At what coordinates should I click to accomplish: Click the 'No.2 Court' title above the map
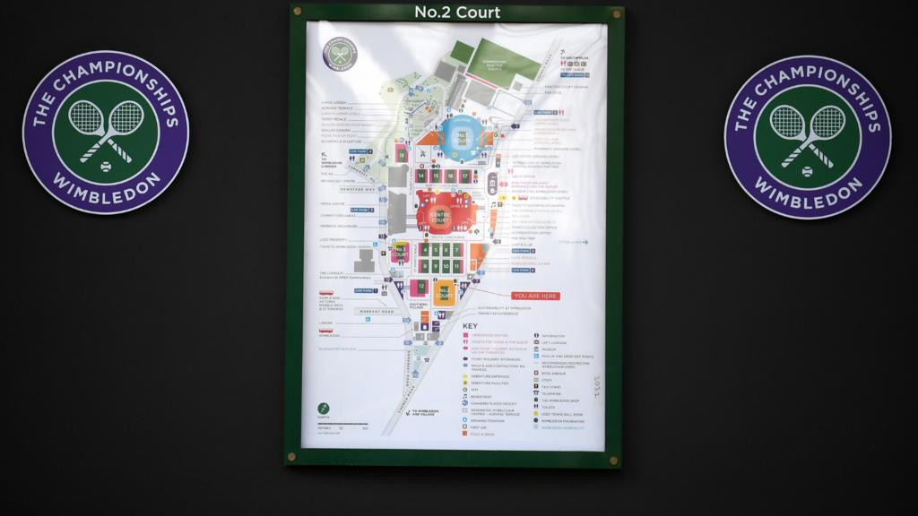pyautogui.click(x=457, y=13)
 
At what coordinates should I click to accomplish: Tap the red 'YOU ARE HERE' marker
pyautogui.click(x=535, y=296)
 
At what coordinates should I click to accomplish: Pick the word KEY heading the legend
pyautogui.click(x=471, y=325)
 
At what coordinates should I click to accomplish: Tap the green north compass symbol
pyautogui.click(x=323, y=408)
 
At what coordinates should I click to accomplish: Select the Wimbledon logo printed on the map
pyautogui.click(x=340, y=53)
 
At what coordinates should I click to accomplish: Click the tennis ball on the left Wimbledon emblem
pyautogui.click(x=106, y=166)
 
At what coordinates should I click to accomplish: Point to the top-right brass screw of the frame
pyautogui.click(x=615, y=14)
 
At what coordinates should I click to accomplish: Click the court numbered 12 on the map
pyautogui.click(x=420, y=287)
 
